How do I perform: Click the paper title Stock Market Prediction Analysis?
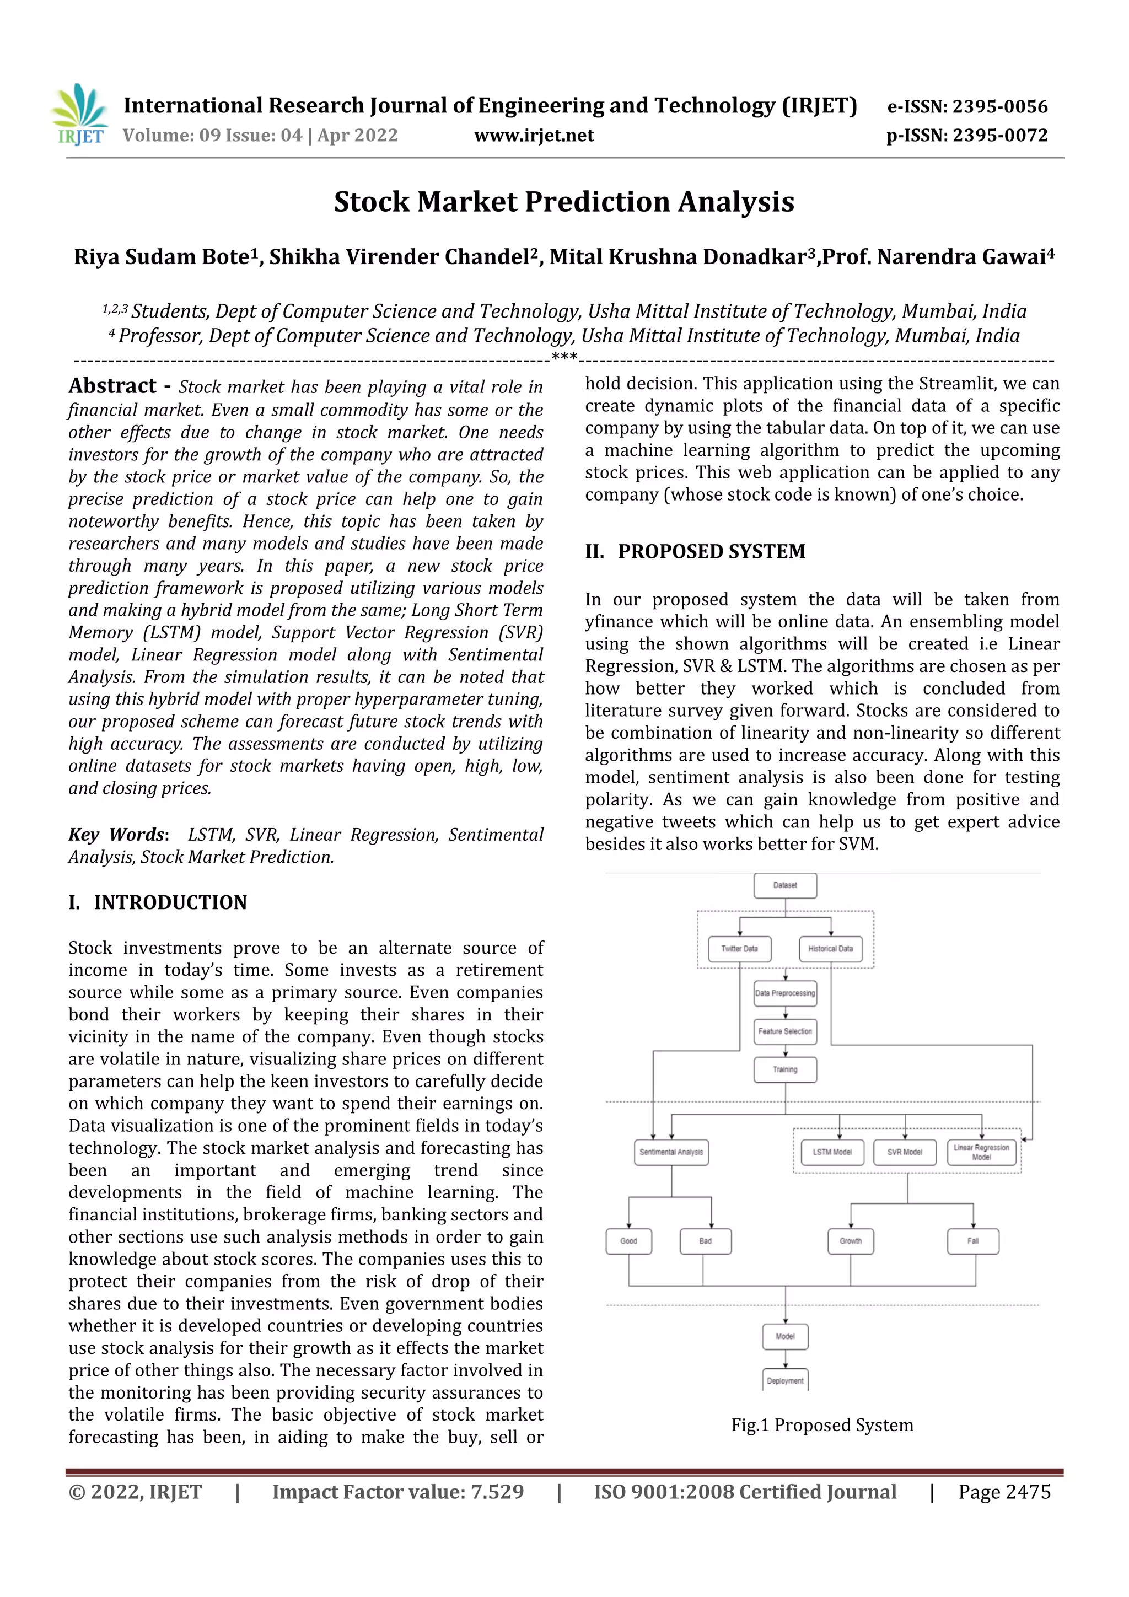tap(563, 202)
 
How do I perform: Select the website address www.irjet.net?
tap(534, 136)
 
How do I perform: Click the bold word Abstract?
tap(112, 386)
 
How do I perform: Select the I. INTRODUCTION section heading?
tap(158, 902)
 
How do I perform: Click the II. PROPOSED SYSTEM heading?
tap(695, 552)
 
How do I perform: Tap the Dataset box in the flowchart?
tap(784, 885)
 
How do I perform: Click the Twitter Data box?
tap(739, 949)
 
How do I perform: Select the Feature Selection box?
tap(784, 1031)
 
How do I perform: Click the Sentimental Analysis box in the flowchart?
tap(670, 1152)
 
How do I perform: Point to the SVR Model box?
tap(904, 1152)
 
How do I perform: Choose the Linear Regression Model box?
tap(981, 1152)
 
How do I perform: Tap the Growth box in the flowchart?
tap(850, 1241)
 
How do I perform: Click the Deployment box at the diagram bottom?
tap(784, 1381)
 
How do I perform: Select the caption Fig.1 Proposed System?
tap(821, 1425)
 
